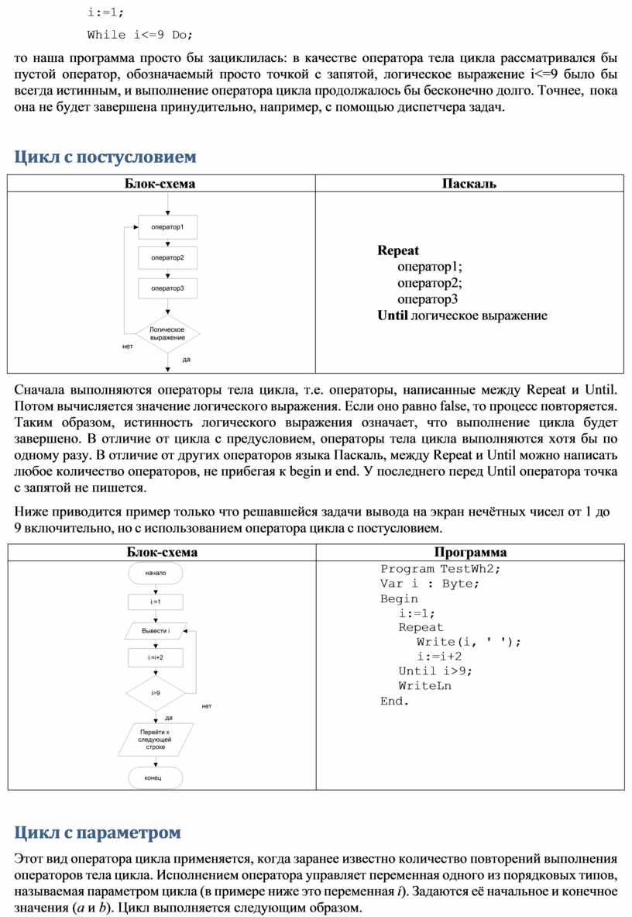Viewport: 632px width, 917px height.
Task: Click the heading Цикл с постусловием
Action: [x=105, y=157]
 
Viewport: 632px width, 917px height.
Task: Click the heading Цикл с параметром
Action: [x=98, y=833]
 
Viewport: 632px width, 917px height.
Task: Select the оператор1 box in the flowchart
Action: [x=167, y=226]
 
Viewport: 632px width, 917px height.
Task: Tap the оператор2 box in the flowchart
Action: [x=167, y=257]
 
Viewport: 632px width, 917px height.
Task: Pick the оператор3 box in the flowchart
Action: [x=167, y=288]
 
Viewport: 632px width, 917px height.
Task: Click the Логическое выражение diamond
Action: [x=167, y=334]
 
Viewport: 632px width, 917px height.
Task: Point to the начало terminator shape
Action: [x=156, y=573]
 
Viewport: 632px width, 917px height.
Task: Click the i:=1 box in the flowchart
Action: [x=156, y=602]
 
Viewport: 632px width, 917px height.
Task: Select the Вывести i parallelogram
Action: [x=156, y=631]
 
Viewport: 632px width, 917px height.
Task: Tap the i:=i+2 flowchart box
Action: [x=156, y=657]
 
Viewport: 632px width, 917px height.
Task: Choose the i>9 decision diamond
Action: [x=156, y=692]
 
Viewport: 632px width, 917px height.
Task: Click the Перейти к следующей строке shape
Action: [x=156, y=739]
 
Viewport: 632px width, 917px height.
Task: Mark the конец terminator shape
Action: [x=156, y=777]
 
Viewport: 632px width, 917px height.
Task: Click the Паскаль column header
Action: [x=469, y=184]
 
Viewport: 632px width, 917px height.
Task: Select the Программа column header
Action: [x=470, y=552]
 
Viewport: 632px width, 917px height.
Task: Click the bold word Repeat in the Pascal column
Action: [x=398, y=250]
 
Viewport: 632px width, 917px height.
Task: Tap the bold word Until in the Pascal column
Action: [x=392, y=315]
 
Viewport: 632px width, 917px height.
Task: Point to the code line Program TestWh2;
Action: [x=441, y=569]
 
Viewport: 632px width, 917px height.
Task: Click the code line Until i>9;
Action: [x=434, y=671]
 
